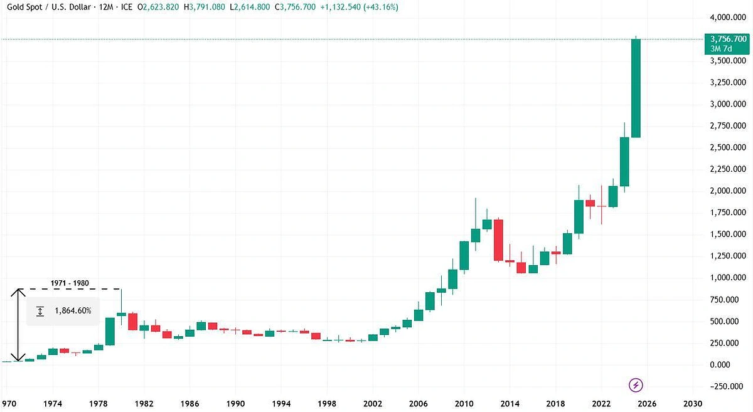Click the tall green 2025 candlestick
(x=636, y=88)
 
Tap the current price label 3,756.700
(x=733, y=38)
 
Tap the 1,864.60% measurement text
(x=72, y=310)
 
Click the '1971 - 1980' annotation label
(x=70, y=283)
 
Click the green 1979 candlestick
(x=110, y=331)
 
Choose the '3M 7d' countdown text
(x=733, y=49)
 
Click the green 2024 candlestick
(x=624, y=162)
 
